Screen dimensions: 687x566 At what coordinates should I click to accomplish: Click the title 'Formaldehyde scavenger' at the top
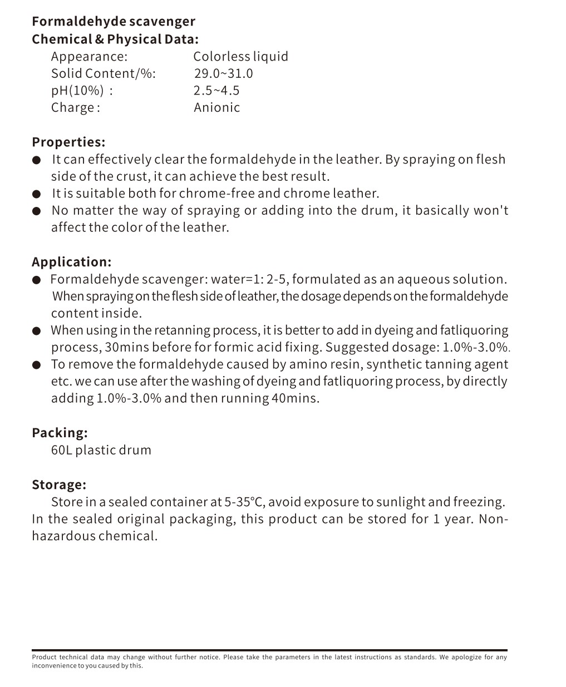pos(114,22)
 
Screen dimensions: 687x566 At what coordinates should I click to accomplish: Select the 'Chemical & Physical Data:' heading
pos(115,39)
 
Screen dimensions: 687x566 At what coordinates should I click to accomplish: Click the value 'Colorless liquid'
pos(240,56)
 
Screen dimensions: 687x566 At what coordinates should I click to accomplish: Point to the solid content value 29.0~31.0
pos(223,73)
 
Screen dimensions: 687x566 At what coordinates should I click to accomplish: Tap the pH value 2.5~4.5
pos(216,90)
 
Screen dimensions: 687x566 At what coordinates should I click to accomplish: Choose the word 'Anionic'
pos(216,107)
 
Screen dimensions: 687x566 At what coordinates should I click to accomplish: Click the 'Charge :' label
pos(76,107)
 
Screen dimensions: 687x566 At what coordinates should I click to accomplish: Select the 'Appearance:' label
pos(89,56)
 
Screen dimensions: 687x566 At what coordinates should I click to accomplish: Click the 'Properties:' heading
pos(68,142)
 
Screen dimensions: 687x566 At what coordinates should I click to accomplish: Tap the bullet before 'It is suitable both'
pos(37,194)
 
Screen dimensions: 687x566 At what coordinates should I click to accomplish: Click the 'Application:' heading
pos(71,262)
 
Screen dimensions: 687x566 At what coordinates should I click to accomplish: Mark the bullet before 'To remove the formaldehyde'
pos(37,365)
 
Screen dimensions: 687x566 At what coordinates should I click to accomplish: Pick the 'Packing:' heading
pos(60,433)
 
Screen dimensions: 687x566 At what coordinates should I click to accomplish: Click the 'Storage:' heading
pos(59,485)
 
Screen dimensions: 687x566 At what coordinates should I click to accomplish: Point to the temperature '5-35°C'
pos(245,502)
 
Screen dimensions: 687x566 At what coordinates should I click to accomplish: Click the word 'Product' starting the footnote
pos(43,657)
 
